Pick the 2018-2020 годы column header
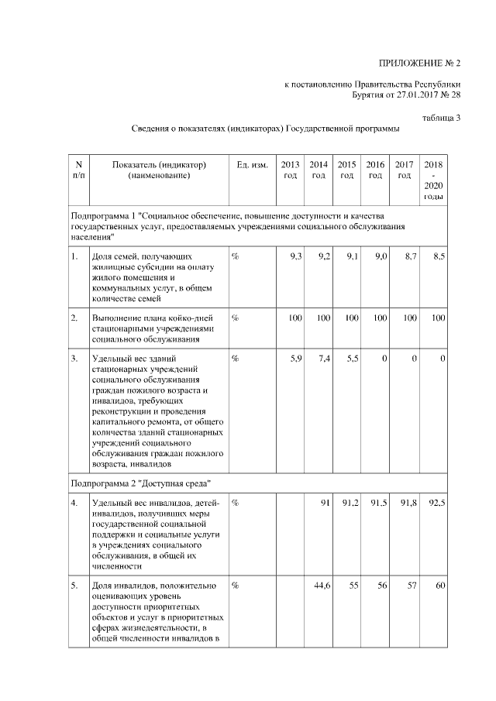[x=433, y=180]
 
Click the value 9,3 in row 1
[x=294, y=256]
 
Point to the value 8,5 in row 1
[x=438, y=256]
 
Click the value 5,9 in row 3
[x=294, y=359]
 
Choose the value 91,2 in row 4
[x=350, y=503]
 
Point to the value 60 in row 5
[x=440, y=585]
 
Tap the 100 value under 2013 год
[x=294, y=318]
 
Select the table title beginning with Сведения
[x=265, y=128]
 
